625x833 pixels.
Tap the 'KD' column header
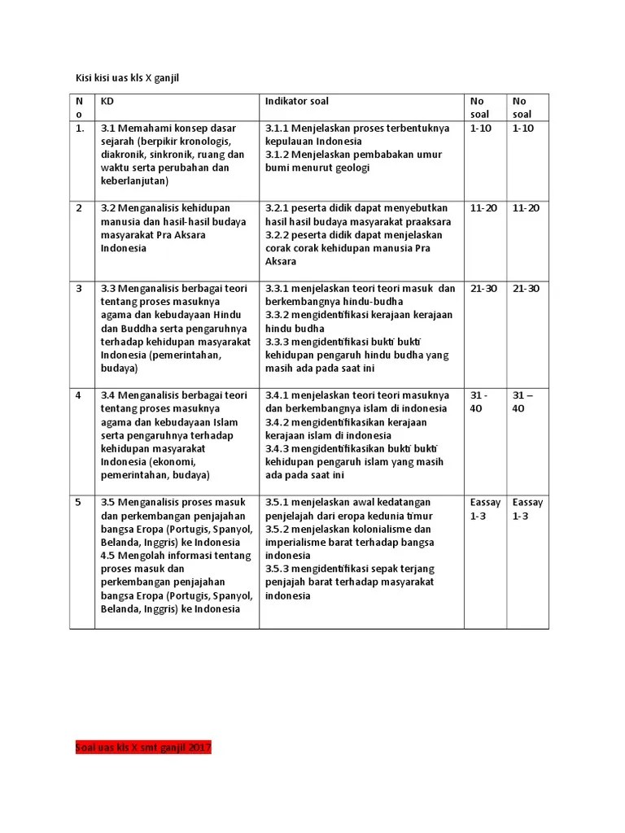click(107, 102)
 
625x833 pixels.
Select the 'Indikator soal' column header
click(297, 102)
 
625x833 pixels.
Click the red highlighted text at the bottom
click(142, 747)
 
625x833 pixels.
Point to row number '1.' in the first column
click(80, 129)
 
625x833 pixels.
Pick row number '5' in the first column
click(79, 502)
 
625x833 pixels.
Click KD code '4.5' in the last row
click(108, 556)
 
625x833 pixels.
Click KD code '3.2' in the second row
click(108, 208)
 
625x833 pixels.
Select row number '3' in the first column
click(79, 289)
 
